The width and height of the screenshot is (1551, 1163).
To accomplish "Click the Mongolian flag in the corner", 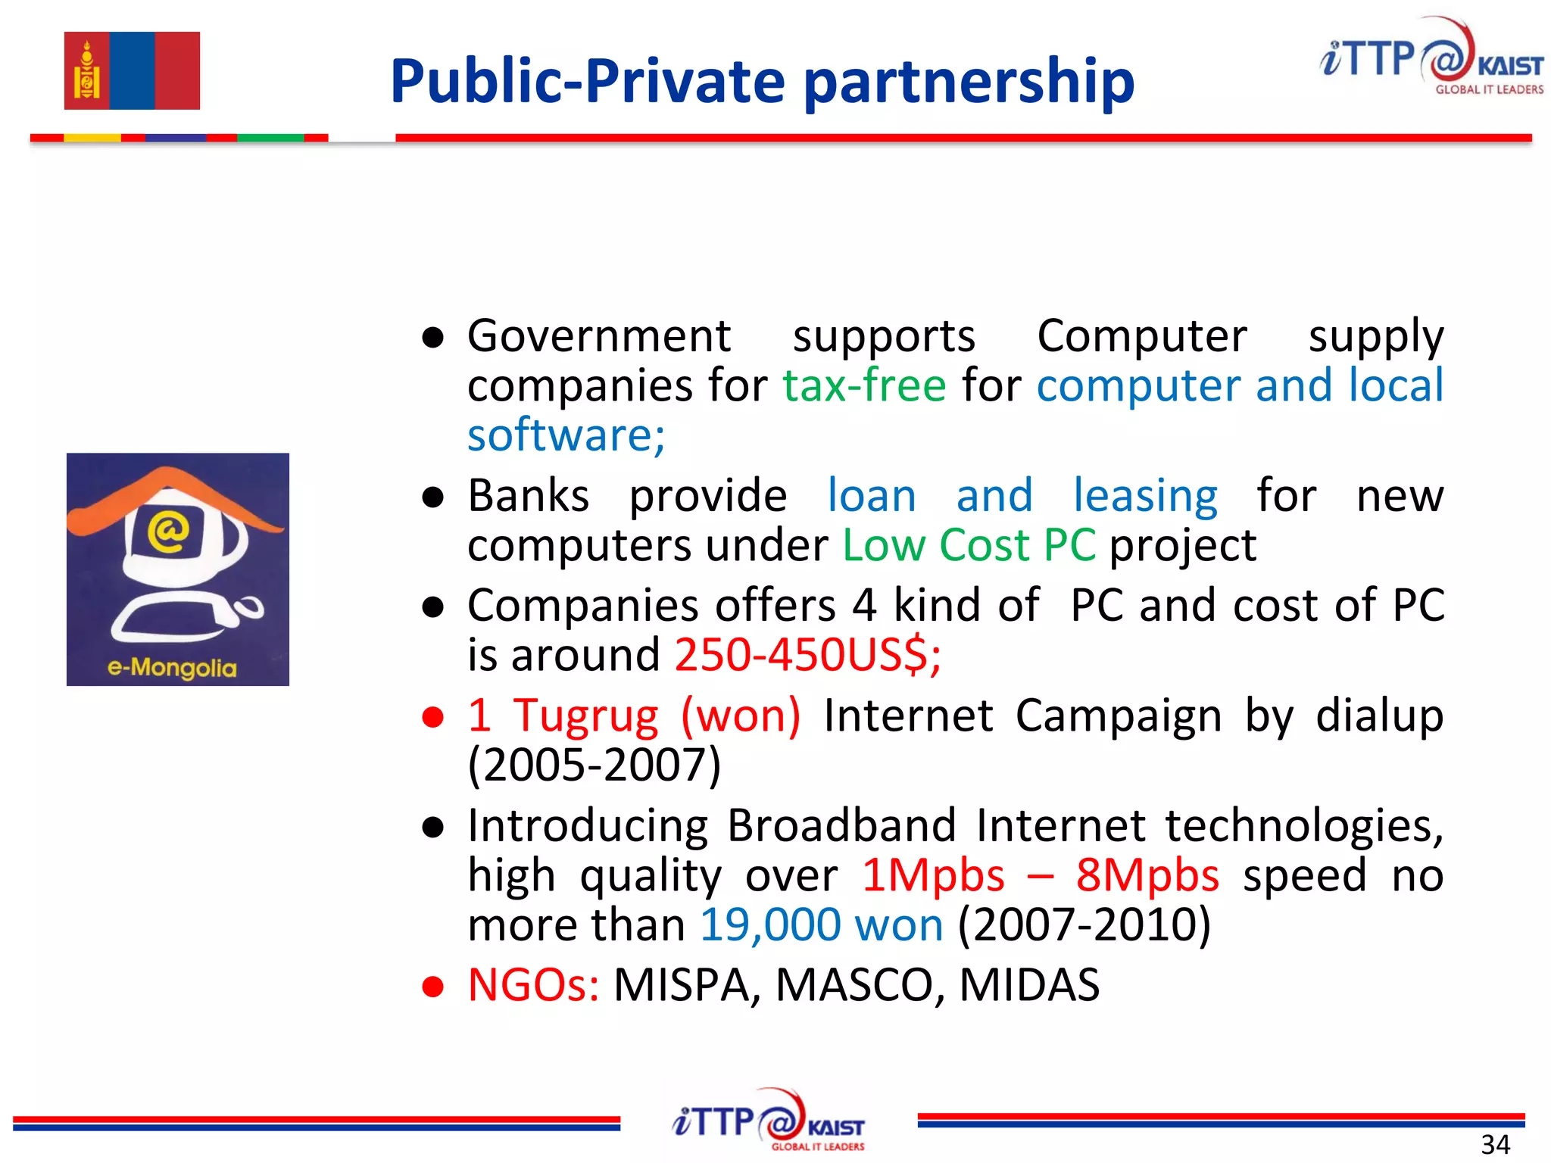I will [132, 70].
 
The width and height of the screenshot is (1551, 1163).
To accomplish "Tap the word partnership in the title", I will [969, 83].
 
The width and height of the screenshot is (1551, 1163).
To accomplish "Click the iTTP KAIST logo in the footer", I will [768, 1121].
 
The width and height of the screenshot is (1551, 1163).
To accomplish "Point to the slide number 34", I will [1495, 1144].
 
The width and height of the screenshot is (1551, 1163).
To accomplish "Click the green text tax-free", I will [864, 385].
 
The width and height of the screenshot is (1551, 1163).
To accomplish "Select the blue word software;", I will [566, 435].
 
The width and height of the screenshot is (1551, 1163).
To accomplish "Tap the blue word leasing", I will [1145, 497].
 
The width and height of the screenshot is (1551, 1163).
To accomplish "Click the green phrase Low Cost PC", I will [969, 545].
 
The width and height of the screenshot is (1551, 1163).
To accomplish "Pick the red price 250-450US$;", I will [807, 655].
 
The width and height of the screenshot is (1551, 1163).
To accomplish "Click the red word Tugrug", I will [586, 716].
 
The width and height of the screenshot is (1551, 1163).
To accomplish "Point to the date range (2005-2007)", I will [594, 765].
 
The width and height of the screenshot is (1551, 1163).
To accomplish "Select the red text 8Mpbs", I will [1147, 876].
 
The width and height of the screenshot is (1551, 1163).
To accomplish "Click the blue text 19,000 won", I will [822, 925].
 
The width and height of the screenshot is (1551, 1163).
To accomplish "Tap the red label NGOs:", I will [533, 985].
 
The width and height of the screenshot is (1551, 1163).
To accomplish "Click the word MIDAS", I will [1029, 985].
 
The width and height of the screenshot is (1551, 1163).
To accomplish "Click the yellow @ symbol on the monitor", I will [168, 531].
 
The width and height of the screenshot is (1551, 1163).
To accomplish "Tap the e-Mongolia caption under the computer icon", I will [172, 668].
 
